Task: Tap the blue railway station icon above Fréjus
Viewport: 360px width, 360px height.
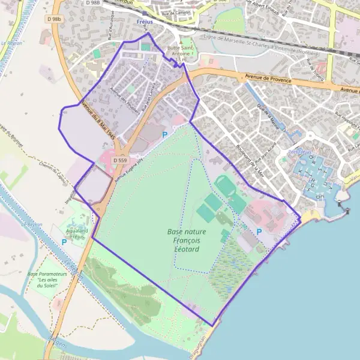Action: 145,13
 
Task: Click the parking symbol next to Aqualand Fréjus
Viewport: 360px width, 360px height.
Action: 64,242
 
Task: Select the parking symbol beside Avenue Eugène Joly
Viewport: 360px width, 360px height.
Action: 164,136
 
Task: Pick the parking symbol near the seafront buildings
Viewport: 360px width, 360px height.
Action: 259,232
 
